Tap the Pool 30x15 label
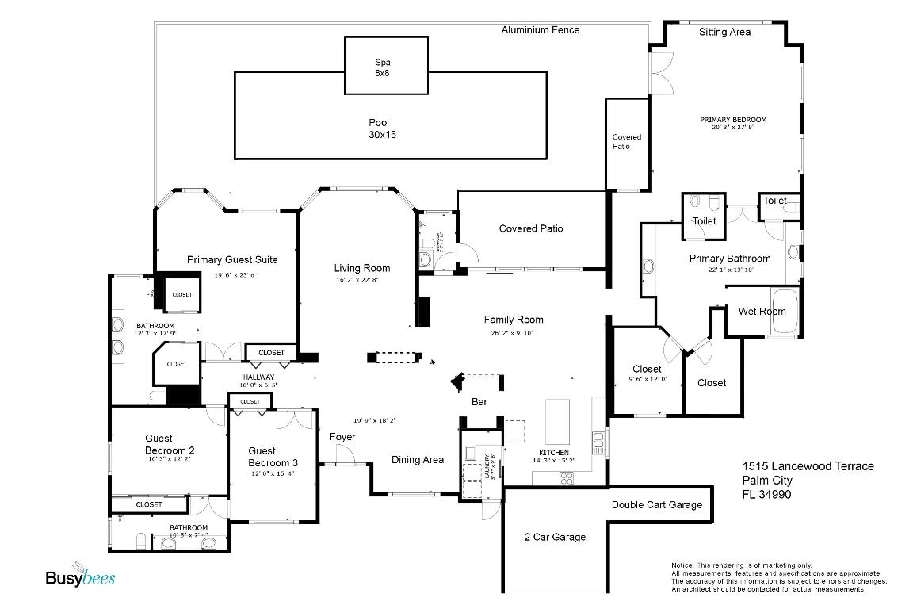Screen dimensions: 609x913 383,128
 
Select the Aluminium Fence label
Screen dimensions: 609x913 541,30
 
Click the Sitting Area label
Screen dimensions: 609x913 724,33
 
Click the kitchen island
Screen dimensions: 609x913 559,421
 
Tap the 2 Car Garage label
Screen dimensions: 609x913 555,538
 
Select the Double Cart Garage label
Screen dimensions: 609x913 657,505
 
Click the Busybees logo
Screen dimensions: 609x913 79,578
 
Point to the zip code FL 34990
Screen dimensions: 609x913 766,495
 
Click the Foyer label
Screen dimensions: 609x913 342,437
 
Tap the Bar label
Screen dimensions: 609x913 479,403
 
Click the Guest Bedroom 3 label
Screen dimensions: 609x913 273,457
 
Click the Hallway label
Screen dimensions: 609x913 258,377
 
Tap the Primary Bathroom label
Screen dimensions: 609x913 729,259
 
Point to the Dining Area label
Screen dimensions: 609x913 418,460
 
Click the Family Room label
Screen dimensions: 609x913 514,320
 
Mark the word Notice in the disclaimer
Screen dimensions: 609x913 682,565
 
